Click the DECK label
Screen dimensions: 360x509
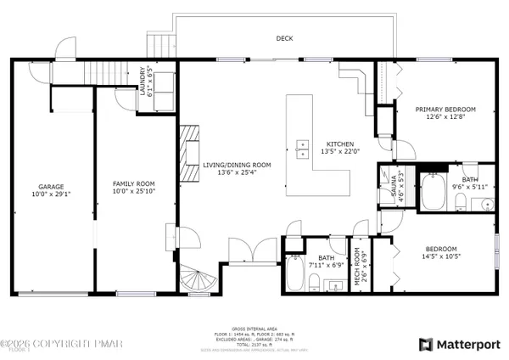click(284, 38)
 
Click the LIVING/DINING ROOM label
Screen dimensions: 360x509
click(237, 165)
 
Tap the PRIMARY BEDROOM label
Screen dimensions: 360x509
click(445, 110)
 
